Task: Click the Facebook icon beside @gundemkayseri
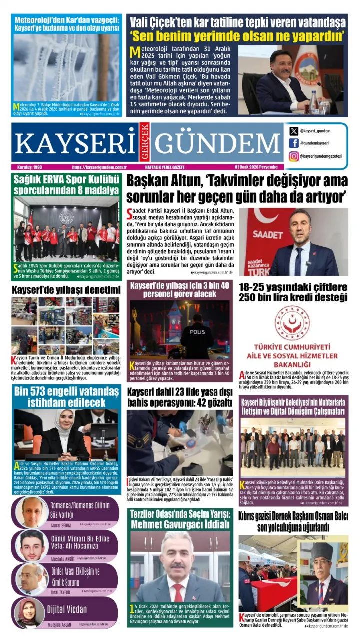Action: point(294,143)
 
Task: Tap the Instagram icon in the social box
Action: point(294,156)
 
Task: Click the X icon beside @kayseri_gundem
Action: point(294,131)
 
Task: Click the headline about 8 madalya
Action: point(66,185)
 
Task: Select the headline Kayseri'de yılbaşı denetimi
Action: point(66,290)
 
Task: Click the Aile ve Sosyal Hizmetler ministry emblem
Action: point(292,323)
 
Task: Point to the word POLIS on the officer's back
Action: point(197,332)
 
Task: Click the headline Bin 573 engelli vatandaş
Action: point(66,396)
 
